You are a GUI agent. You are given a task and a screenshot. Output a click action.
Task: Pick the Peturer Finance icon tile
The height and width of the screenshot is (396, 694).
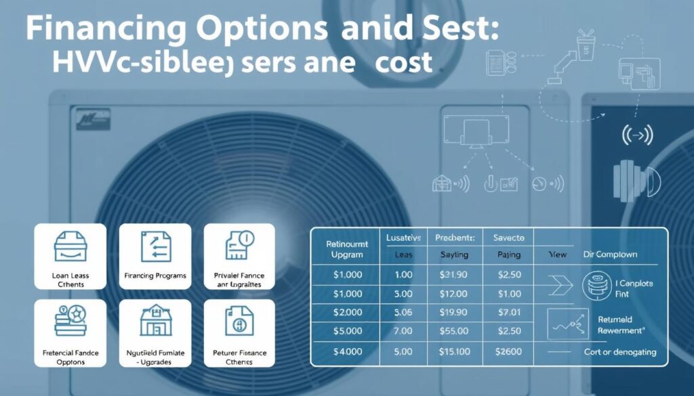pos(239,332)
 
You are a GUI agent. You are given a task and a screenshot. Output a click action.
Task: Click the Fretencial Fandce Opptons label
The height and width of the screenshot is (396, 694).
pos(70,357)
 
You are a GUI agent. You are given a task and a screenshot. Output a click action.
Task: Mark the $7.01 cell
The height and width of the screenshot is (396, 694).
pos(508,313)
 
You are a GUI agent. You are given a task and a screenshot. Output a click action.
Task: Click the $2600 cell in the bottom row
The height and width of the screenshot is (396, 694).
pos(508,351)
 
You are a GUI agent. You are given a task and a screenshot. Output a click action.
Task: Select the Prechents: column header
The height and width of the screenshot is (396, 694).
pos(455,238)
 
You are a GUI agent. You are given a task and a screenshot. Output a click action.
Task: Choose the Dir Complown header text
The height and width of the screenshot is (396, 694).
pos(610,255)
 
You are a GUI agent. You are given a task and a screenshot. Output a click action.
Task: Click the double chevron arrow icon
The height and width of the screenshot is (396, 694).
pos(560,286)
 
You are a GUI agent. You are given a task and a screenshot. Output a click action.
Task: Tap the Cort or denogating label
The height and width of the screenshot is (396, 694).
pos(620,352)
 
